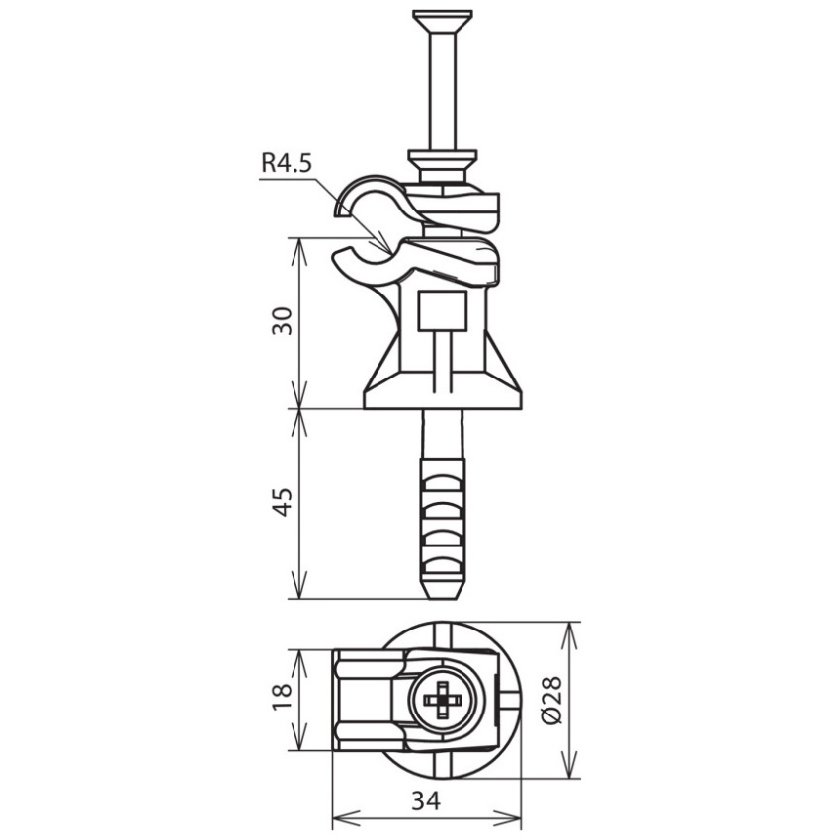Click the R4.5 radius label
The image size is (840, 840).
(x=286, y=163)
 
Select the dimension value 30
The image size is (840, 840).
(x=283, y=321)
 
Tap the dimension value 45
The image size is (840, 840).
(x=283, y=502)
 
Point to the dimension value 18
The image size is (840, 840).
(x=283, y=696)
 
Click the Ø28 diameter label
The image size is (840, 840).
(x=551, y=700)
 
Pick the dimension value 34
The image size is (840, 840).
(x=427, y=800)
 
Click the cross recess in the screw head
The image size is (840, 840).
(x=443, y=700)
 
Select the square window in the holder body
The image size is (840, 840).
(x=443, y=310)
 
